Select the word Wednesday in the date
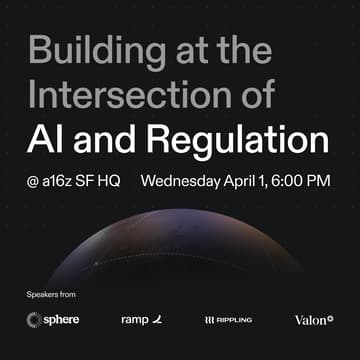[182, 182]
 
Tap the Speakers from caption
[51, 294]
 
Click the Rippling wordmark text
[236, 320]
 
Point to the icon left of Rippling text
[209, 320]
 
